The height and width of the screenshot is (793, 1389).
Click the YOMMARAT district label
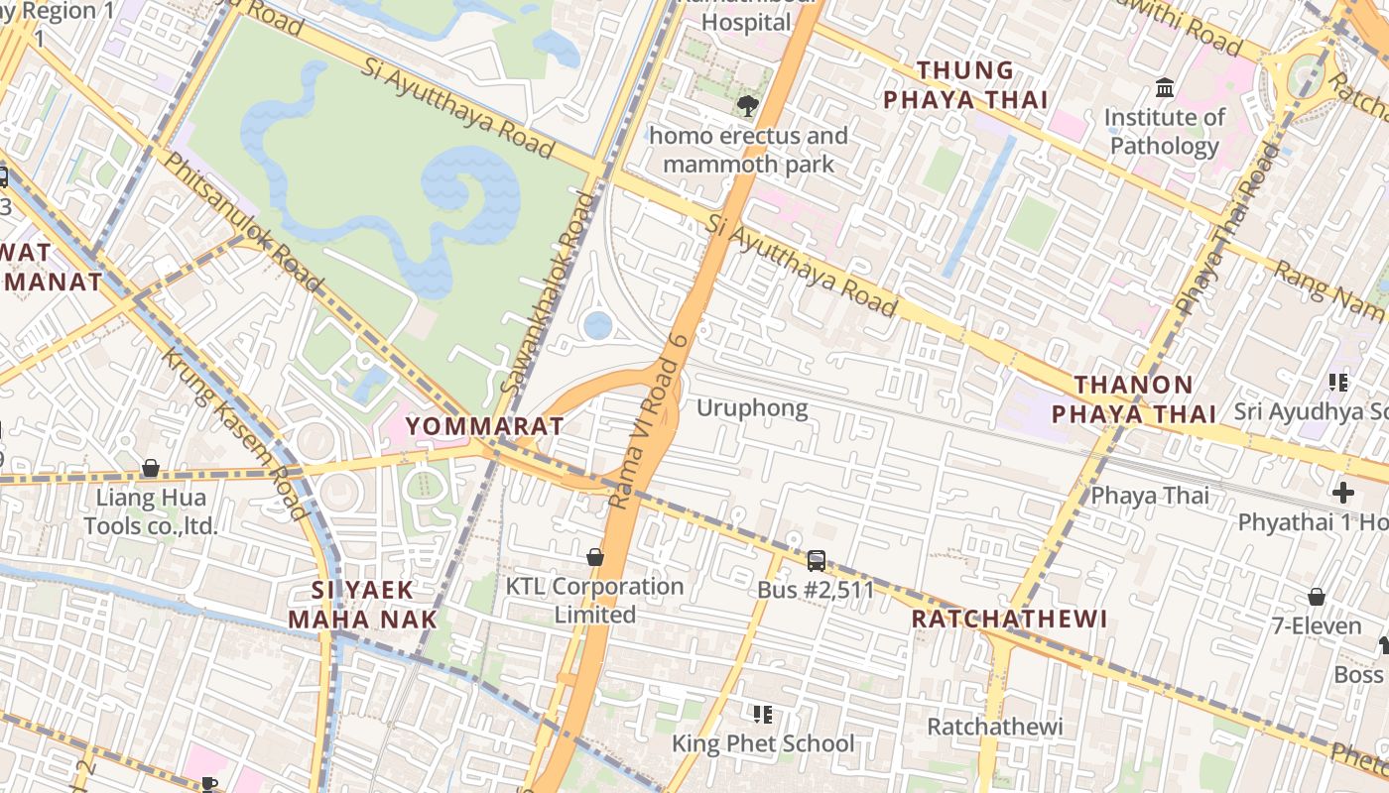click(x=485, y=426)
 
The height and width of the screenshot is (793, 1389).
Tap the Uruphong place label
click(x=751, y=407)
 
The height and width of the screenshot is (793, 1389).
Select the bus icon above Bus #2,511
click(x=816, y=561)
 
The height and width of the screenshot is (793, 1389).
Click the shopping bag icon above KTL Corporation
click(x=595, y=557)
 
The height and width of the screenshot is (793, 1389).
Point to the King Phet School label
click(x=762, y=743)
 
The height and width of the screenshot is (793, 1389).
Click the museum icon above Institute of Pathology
click(x=1165, y=88)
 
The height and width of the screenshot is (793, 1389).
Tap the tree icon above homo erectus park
click(x=747, y=105)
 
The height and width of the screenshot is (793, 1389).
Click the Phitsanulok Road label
click(x=242, y=222)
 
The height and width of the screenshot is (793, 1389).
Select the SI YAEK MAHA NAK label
click(x=362, y=605)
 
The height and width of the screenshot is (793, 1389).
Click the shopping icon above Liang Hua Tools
click(x=151, y=467)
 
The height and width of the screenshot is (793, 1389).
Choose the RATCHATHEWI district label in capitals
click(x=1009, y=619)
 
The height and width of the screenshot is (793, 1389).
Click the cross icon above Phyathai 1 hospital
click(x=1342, y=493)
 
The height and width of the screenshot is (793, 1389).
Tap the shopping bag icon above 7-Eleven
click(x=1316, y=597)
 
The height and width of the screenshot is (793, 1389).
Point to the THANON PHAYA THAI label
click(x=1133, y=398)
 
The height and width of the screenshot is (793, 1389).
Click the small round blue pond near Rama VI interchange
click(x=597, y=325)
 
